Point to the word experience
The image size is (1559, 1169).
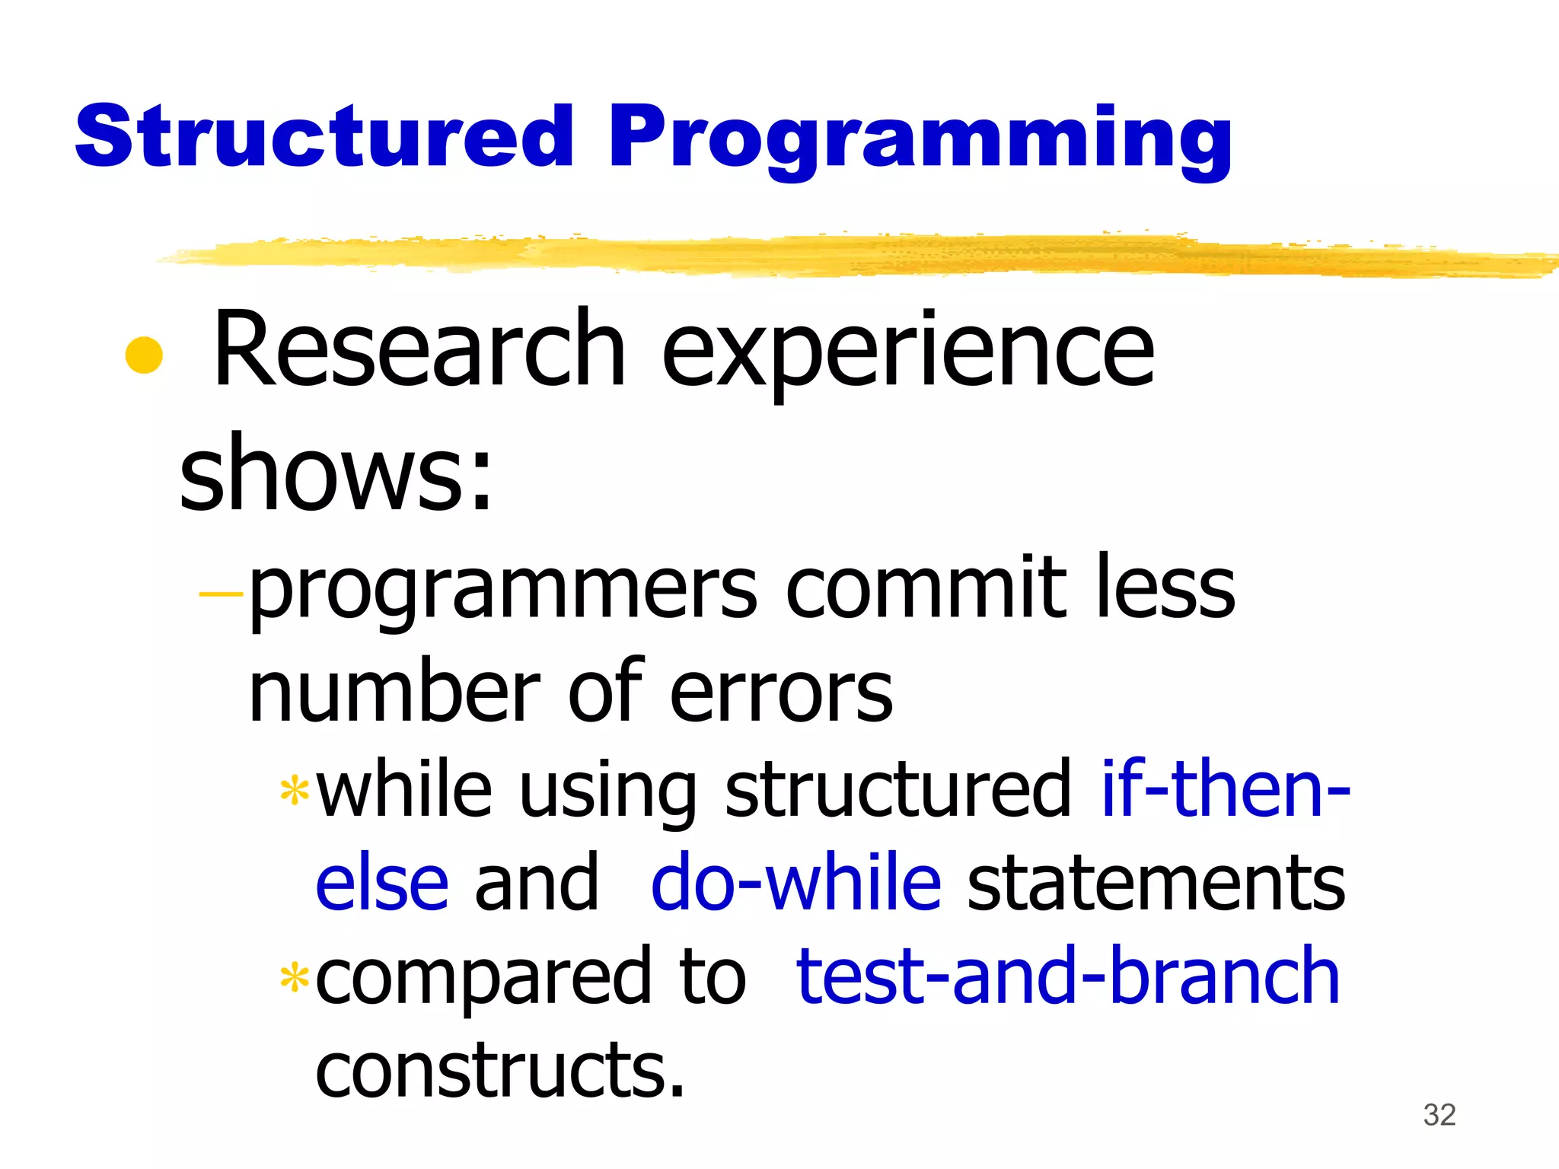coord(907,354)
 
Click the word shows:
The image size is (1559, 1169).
coord(336,473)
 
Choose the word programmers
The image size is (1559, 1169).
coord(502,592)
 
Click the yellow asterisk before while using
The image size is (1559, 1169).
coord(294,792)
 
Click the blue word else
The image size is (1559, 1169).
coord(381,883)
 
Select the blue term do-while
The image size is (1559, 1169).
coord(795,883)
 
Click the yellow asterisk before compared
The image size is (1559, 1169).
coord(294,979)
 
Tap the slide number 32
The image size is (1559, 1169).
coord(1439,1115)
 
